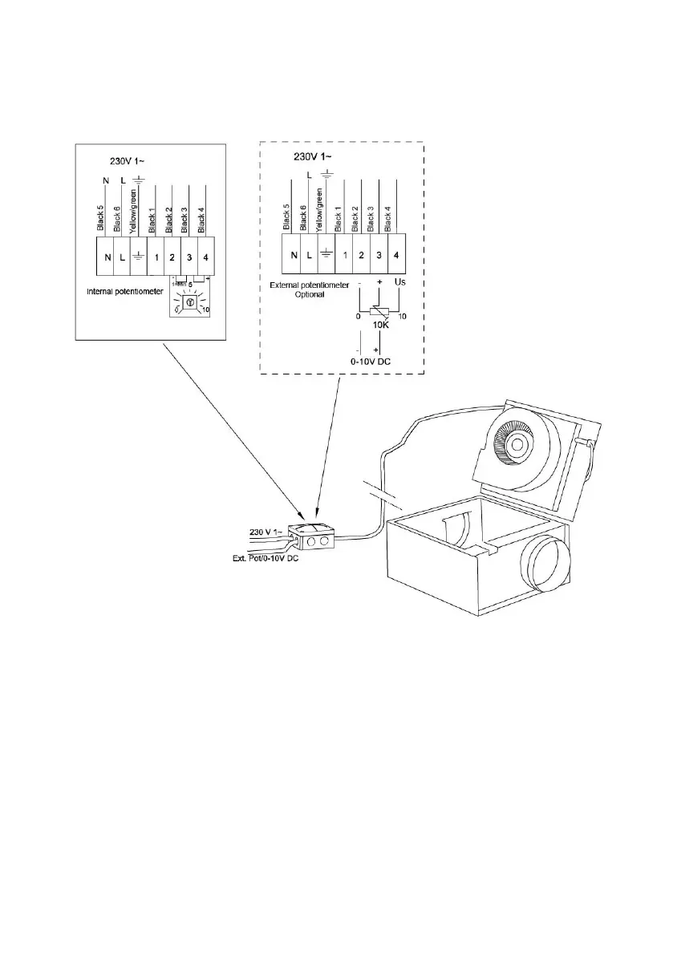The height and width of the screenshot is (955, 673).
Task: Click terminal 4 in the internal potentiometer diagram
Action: click(x=206, y=259)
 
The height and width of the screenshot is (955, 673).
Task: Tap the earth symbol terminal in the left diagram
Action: click(x=137, y=259)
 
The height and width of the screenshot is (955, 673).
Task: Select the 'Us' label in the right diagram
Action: click(x=402, y=283)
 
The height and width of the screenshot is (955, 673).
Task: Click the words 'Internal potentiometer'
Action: click(x=121, y=291)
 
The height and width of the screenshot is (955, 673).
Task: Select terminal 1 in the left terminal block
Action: click(x=155, y=259)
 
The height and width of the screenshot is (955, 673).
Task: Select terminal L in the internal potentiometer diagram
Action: click(x=120, y=259)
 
